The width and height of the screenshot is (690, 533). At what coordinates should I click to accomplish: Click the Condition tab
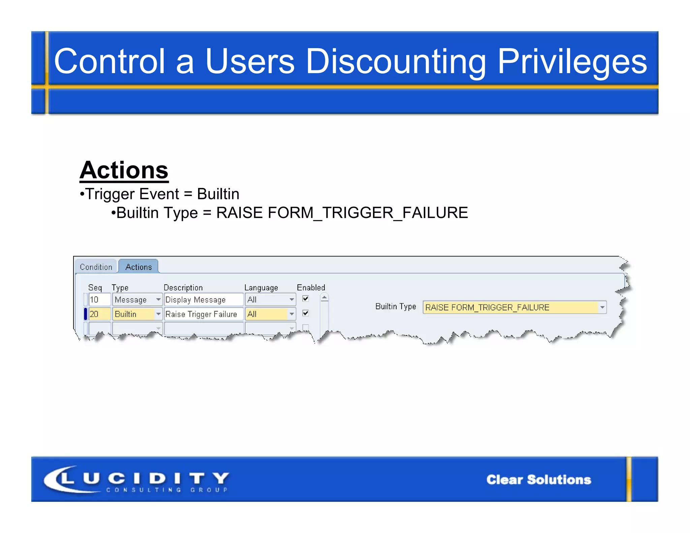tap(96, 267)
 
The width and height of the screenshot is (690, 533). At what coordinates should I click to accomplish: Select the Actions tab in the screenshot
tap(138, 267)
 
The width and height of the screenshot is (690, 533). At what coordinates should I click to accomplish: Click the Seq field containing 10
tap(99, 300)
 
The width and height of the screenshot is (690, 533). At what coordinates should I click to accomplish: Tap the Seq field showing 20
tap(99, 314)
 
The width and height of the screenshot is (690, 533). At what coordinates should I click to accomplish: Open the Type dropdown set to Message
tap(137, 300)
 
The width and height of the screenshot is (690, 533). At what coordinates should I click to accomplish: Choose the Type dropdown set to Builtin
tap(137, 314)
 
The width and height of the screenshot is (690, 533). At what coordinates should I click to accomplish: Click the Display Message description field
tap(203, 300)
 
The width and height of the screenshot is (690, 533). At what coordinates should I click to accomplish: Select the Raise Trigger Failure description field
tap(203, 314)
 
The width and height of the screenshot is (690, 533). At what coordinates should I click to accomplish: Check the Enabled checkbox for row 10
tap(306, 299)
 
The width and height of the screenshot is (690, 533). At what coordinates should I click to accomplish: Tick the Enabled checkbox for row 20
tap(306, 313)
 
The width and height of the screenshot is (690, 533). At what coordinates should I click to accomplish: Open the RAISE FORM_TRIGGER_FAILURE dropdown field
tap(514, 307)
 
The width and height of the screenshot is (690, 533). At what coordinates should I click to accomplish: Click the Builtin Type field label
tap(396, 307)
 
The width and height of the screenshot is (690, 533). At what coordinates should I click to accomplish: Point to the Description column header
tap(183, 288)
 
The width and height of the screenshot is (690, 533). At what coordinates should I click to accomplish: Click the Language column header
tap(261, 288)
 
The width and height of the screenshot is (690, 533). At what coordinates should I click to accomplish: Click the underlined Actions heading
tap(124, 170)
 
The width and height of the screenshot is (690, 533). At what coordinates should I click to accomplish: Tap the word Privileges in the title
tap(572, 61)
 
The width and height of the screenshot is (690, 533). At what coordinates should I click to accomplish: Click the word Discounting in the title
tap(396, 61)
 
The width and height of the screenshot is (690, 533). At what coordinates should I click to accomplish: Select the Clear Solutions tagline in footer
tap(538, 479)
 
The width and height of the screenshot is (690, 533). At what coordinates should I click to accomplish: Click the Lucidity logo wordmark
tap(136, 479)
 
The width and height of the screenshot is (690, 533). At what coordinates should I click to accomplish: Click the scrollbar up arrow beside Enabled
tap(324, 297)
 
